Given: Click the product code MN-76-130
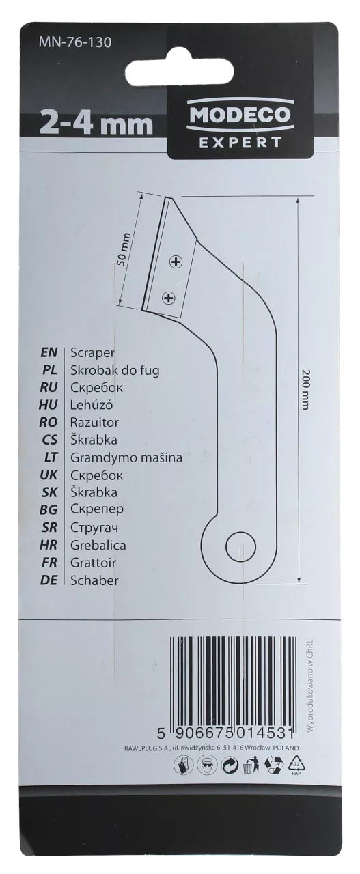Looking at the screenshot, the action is click(x=75, y=42).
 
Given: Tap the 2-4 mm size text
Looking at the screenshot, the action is click(x=96, y=124).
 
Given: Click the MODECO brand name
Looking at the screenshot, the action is click(x=240, y=115).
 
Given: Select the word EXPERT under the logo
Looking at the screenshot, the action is click(x=240, y=143).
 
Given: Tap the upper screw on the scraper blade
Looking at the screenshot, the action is click(x=176, y=262).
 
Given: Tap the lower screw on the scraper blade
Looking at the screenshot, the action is click(x=168, y=299).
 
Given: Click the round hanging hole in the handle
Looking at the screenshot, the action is click(x=241, y=547).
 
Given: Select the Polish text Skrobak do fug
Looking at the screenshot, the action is click(x=115, y=370).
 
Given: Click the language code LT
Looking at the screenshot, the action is click(x=51, y=457).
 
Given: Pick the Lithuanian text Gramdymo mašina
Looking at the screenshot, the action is click(x=126, y=457).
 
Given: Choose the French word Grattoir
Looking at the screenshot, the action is click(x=94, y=562).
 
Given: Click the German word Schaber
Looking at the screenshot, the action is click(x=94, y=580).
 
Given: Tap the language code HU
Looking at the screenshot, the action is click(x=49, y=405).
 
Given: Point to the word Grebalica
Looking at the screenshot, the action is click(x=98, y=545).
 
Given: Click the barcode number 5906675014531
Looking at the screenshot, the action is click(x=225, y=734).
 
